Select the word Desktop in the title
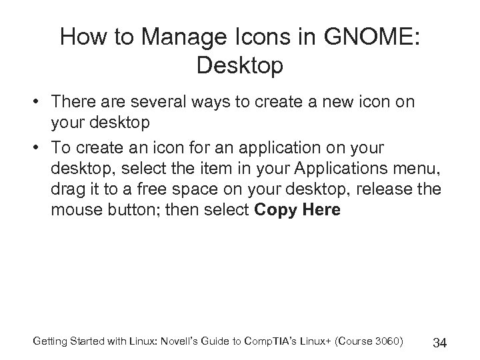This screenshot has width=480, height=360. [240, 66]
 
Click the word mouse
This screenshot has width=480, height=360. [75, 211]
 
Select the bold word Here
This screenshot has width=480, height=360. [321, 211]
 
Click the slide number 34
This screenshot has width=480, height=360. [439, 343]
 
